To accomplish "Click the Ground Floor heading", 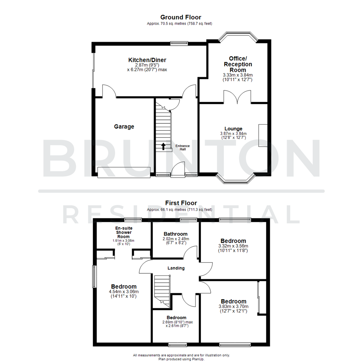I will point(181,17).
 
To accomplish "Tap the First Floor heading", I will point(181,203).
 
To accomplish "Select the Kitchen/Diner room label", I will point(147,60).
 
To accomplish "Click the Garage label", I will point(124,127).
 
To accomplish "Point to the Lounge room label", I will point(234,129).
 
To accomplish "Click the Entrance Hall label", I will point(183,147).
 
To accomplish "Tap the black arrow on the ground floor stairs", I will point(163,146).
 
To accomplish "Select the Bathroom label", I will point(175,234).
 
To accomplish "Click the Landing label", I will point(176,268).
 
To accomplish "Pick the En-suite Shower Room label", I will point(123,232).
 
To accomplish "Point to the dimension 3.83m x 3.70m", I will point(234,307).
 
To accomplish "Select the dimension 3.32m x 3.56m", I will point(233,246).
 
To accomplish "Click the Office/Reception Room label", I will point(238,64).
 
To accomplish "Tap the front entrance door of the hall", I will point(178,169).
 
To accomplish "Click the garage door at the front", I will point(124,172).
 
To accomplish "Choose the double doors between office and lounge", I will point(237,97).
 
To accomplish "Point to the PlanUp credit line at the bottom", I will point(182,359).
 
